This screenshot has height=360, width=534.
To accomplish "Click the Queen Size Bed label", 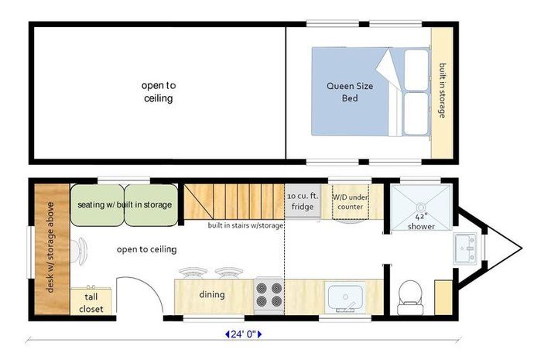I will click(x=350, y=92).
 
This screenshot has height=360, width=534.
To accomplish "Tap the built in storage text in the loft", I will click(x=442, y=91).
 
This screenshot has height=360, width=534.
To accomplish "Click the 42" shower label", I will click(x=422, y=222).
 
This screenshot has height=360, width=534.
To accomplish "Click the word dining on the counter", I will click(x=212, y=295).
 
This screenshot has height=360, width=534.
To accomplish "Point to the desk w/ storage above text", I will click(x=50, y=248).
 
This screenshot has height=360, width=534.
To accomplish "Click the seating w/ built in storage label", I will click(x=125, y=204).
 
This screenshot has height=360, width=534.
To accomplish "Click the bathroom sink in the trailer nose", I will click(x=465, y=248).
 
